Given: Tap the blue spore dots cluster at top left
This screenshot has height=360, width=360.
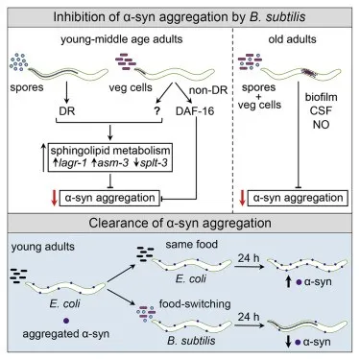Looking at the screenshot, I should point(17,63).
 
